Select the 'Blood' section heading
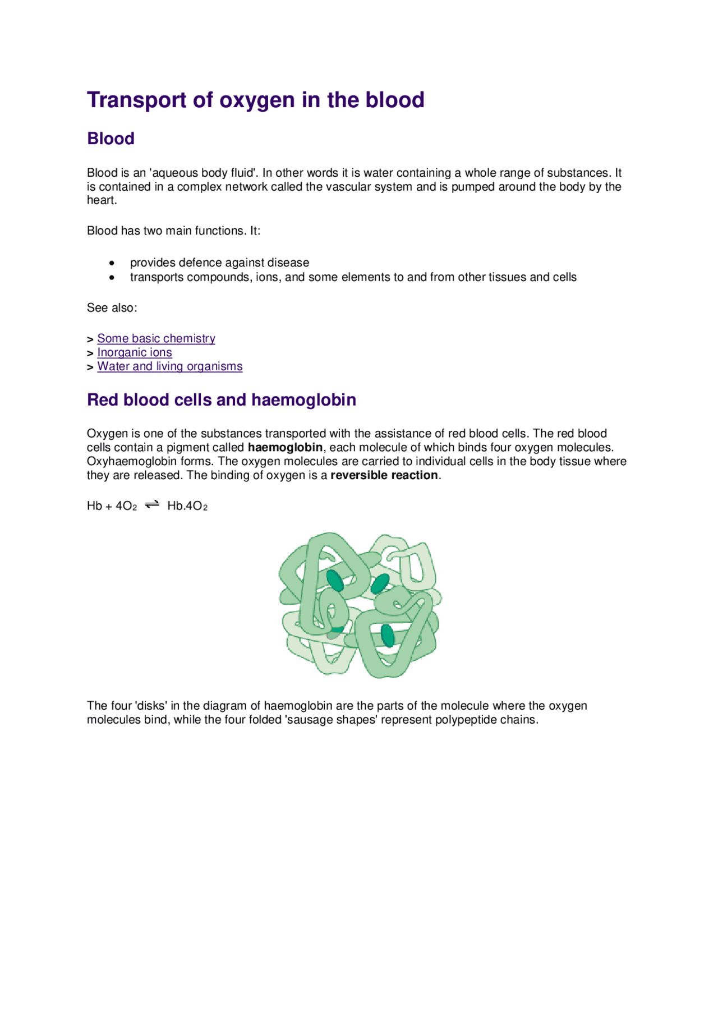(x=111, y=139)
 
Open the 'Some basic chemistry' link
(x=156, y=338)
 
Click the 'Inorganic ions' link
(x=135, y=352)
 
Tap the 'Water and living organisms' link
(x=169, y=366)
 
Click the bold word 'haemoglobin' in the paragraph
(x=285, y=447)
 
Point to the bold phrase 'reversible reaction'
(x=384, y=475)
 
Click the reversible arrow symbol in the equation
(x=152, y=505)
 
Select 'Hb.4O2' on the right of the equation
(x=187, y=506)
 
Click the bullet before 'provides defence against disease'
(x=112, y=263)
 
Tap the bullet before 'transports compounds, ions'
(x=112, y=277)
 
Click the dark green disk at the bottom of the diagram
(x=387, y=635)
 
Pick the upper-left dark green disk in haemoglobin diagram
(x=335, y=581)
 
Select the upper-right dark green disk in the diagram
(x=380, y=583)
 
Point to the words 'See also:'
(x=112, y=307)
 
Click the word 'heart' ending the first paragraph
(x=100, y=200)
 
